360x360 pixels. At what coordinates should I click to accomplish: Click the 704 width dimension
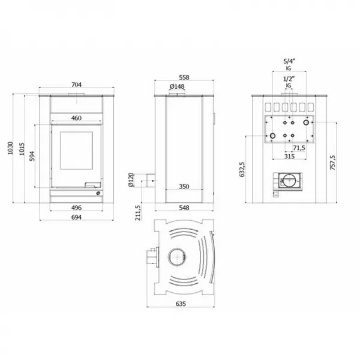click(x=76, y=85)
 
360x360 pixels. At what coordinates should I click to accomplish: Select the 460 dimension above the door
click(x=76, y=118)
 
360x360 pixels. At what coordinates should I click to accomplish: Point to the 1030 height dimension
click(x=10, y=148)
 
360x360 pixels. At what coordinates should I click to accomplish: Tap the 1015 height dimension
click(x=22, y=148)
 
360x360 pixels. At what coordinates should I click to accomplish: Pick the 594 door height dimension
click(x=34, y=156)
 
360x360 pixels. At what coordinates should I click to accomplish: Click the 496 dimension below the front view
click(x=76, y=208)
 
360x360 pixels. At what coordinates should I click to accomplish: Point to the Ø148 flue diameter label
click(x=177, y=88)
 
